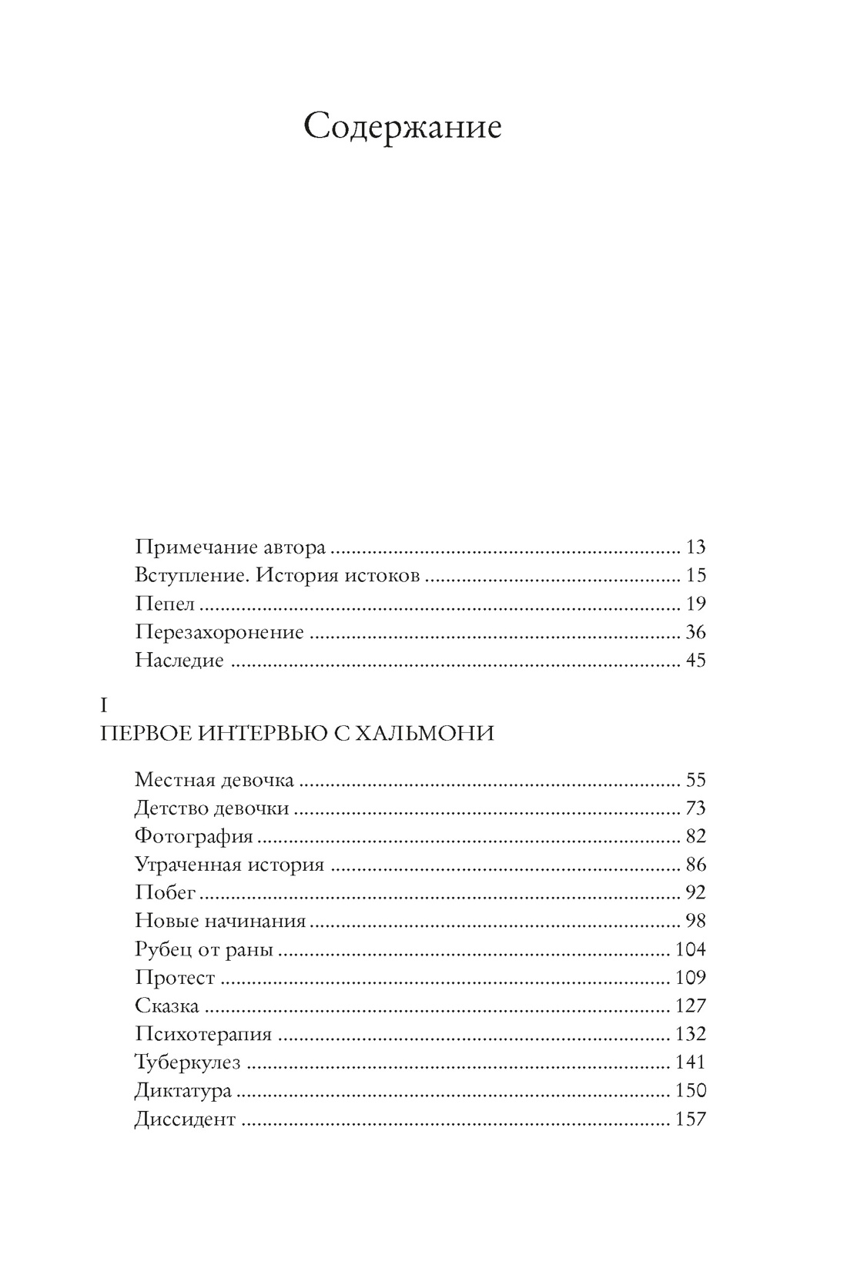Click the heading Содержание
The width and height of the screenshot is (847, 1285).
(402, 126)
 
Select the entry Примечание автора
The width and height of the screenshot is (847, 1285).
(230, 547)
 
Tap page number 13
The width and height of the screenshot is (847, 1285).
(695, 547)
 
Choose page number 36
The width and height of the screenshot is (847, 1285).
(695, 633)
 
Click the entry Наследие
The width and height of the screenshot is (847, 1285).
(179, 661)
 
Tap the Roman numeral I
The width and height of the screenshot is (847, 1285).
(105, 705)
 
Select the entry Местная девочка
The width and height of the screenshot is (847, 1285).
(214, 780)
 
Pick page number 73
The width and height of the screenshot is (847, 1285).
(695, 808)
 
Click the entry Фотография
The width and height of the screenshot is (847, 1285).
(194, 837)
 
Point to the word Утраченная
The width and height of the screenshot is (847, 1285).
(188, 865)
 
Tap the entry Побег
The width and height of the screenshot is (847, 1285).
(166, 893)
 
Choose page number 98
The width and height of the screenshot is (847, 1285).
(695, 922)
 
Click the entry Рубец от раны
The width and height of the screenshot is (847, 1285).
(204, 950)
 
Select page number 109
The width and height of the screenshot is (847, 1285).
(690, 978)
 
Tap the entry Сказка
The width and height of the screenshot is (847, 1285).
(167, 1006)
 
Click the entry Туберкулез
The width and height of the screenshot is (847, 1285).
(188, 1063)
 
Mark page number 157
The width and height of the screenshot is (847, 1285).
(690, 1119)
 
